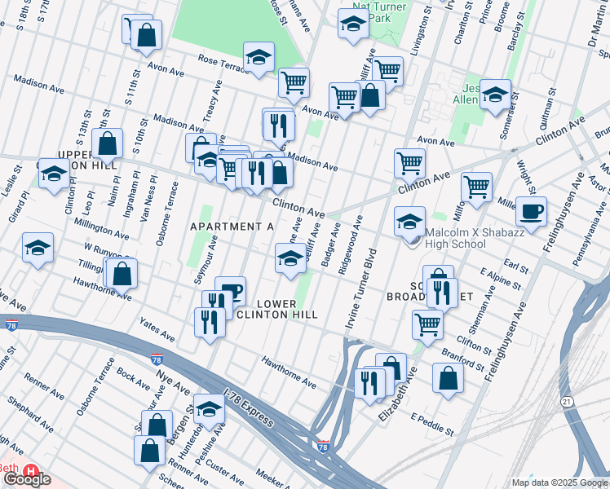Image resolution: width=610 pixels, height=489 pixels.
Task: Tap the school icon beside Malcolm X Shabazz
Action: click(409, 221)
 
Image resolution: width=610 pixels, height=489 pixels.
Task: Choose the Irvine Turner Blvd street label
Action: click(363, 290)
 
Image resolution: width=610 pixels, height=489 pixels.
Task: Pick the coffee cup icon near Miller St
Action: click(532, 212)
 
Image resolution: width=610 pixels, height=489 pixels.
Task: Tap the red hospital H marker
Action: click(32, 471)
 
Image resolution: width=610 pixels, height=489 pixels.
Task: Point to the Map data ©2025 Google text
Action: click(559, 482)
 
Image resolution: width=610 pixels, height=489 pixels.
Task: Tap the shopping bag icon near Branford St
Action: click(448, 378)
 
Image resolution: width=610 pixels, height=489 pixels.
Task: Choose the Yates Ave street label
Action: click(157, 330)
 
